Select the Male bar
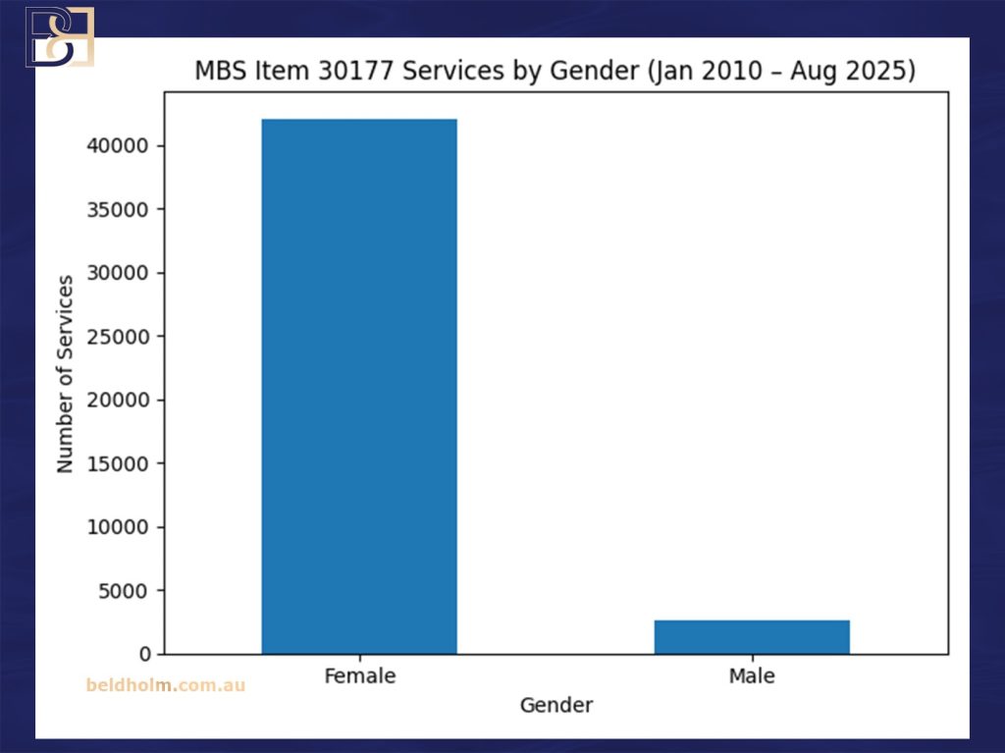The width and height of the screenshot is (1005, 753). pyautogui.click(x=752, y=636)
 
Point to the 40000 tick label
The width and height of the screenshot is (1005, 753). pyautogui.click(x=125, y=146)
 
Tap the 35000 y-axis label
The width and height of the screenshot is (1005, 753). pyautogui.click(x=125, y=210)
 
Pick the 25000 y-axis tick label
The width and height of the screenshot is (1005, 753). pyautogui.click(x=125, y=337)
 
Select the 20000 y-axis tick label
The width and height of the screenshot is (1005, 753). pyautogui.click(x=125, y=401)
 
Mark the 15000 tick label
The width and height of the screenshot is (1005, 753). pyautogui.click(x=125, y=463)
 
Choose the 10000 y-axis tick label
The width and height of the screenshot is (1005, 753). pyautogui.click(x=125, y=527)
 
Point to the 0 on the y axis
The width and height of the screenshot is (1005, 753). pyautogui.click(x=145, y=654)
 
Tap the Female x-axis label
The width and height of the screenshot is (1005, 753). pyautogui.click(x=359, y=676)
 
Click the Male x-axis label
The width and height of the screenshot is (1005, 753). pyautogui.click(x=752, y=676)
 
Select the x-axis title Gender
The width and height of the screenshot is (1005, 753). pyautogui.click(x=555, y=705)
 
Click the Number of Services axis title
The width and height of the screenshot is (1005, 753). pyautogui.click(x=66, y=374)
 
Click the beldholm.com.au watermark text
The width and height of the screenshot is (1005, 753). pyautogui.click(x=166, y=685)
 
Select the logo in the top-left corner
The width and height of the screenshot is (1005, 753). pyautogui.click(x=59, y=35)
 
